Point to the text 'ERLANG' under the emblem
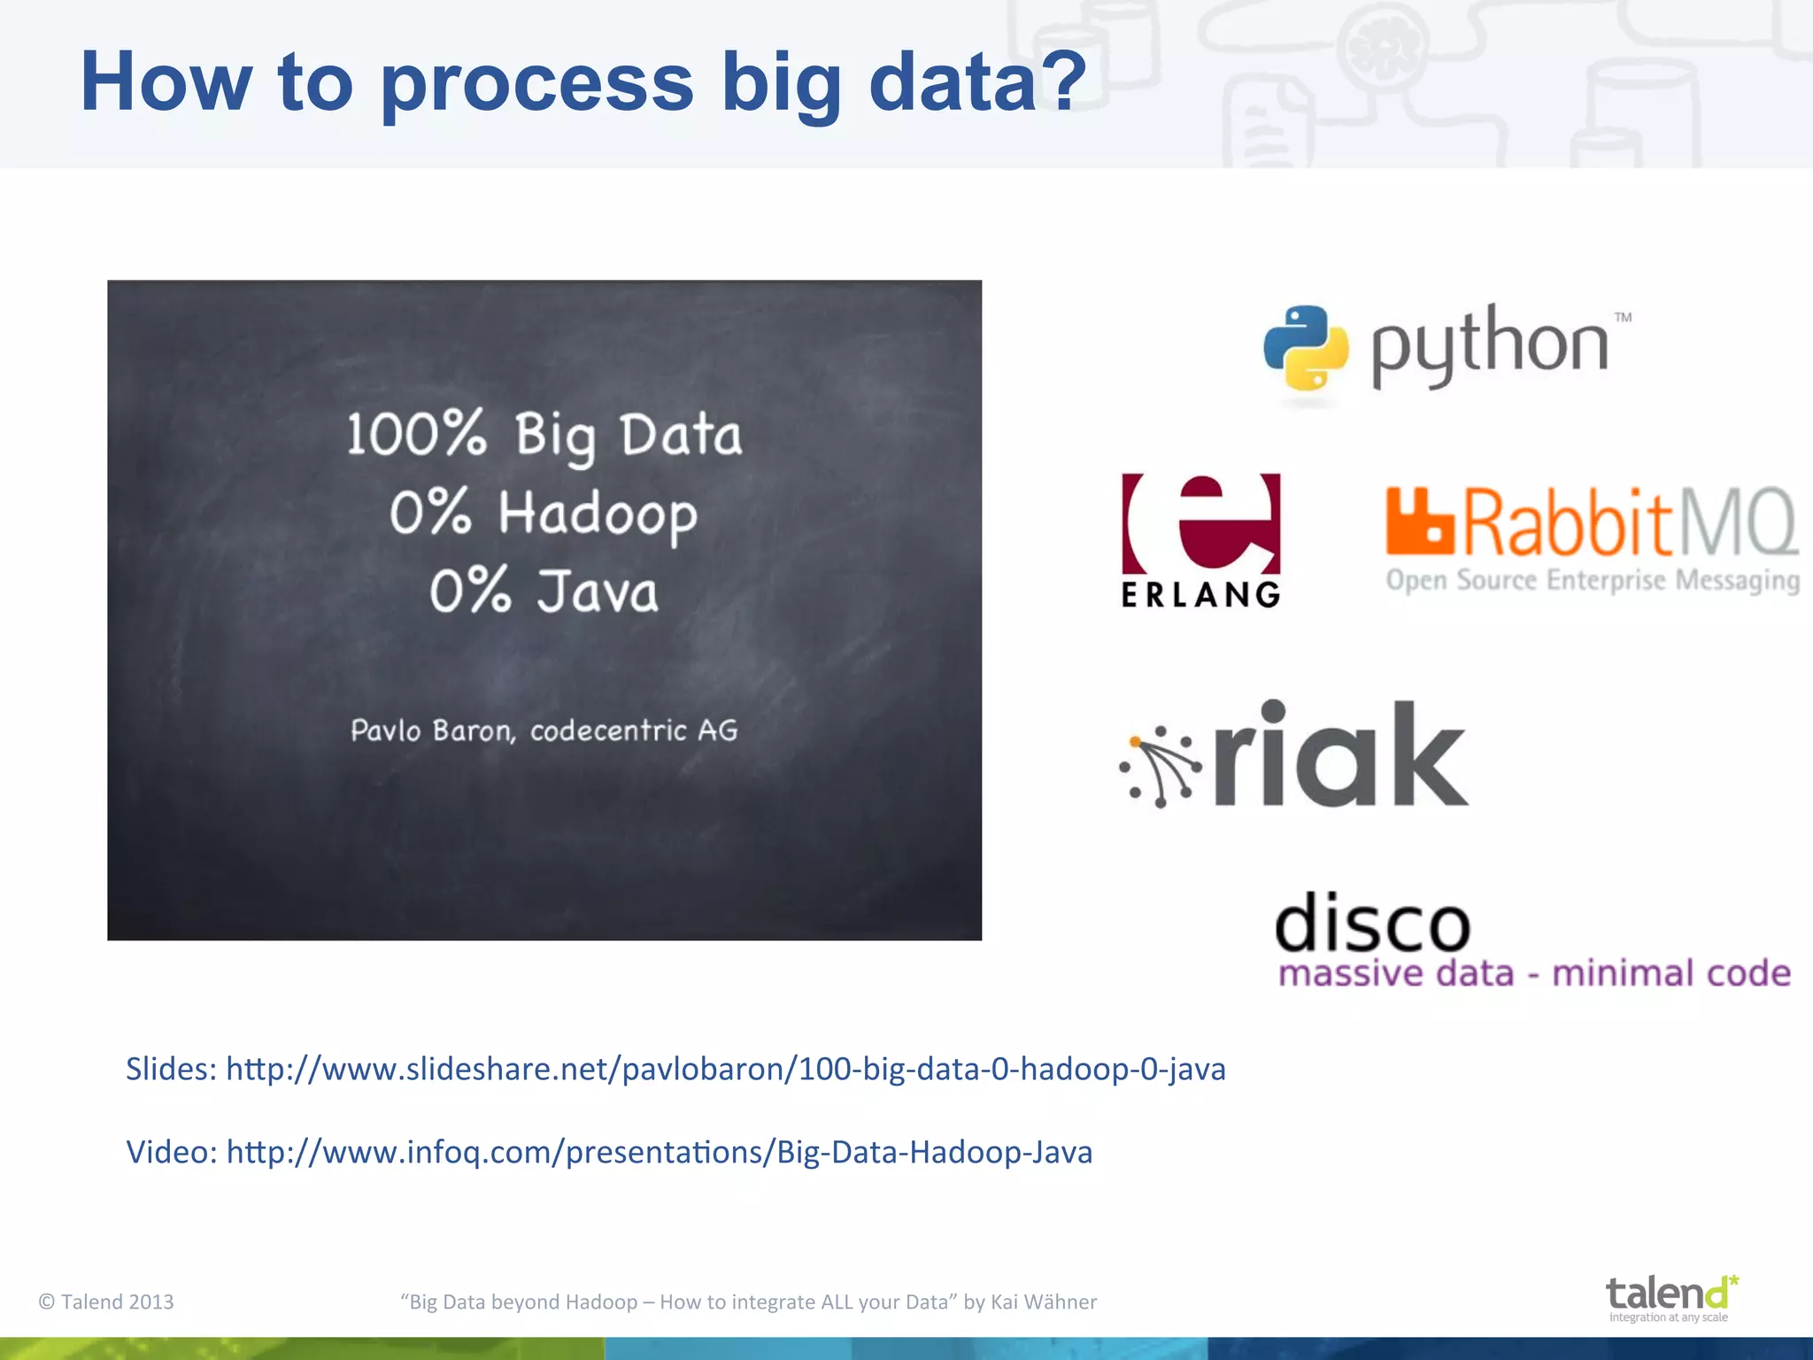1200,594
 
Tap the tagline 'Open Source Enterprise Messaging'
1592,580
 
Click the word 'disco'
1372,923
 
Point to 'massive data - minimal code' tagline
1534,973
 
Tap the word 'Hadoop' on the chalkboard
598,514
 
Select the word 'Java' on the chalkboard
598,592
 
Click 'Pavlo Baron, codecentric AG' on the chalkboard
544,730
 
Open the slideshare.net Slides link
725,1069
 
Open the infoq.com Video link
659,1152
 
